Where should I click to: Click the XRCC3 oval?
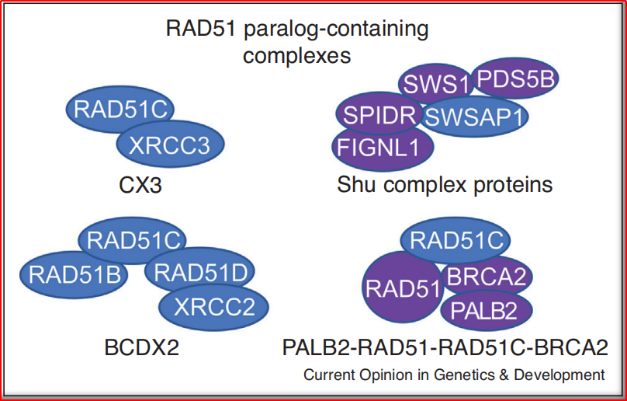point(171,145)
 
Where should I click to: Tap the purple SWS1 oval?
point(431,82)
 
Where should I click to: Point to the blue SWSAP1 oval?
point(475,117)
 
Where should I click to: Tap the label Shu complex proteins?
point(445,184)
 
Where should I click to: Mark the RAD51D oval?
point(199,272)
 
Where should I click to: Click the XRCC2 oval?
point(213,307)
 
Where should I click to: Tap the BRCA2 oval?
point(486,275)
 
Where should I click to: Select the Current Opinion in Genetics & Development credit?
point(454,375)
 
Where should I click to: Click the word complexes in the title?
point(296,56)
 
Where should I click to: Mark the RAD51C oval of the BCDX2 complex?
point(133,239)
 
